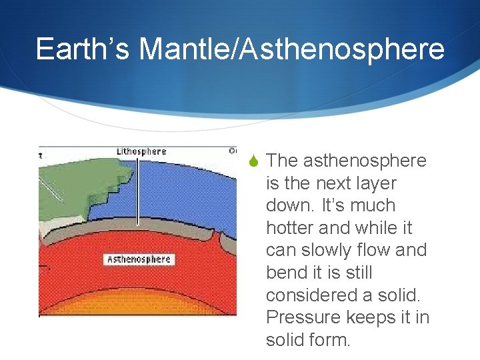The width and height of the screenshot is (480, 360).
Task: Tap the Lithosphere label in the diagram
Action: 141,151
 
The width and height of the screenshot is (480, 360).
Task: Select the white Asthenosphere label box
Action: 139,259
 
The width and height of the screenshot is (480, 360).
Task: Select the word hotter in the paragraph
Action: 290,228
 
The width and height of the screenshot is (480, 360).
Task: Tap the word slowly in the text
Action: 325,251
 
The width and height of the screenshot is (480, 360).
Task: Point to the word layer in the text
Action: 374,183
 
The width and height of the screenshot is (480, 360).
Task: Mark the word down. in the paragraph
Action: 287,205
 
